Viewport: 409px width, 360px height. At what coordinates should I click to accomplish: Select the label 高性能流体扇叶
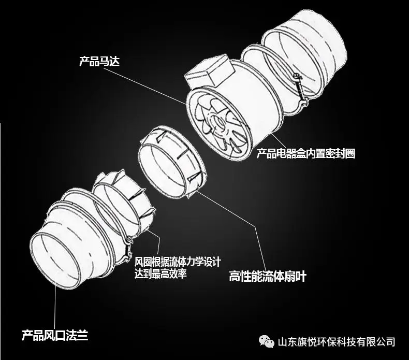267,276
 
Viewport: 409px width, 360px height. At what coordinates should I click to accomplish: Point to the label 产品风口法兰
55,336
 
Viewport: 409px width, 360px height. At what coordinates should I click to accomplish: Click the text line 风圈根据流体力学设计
178,262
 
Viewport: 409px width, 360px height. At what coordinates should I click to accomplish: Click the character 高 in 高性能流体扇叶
234,276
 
